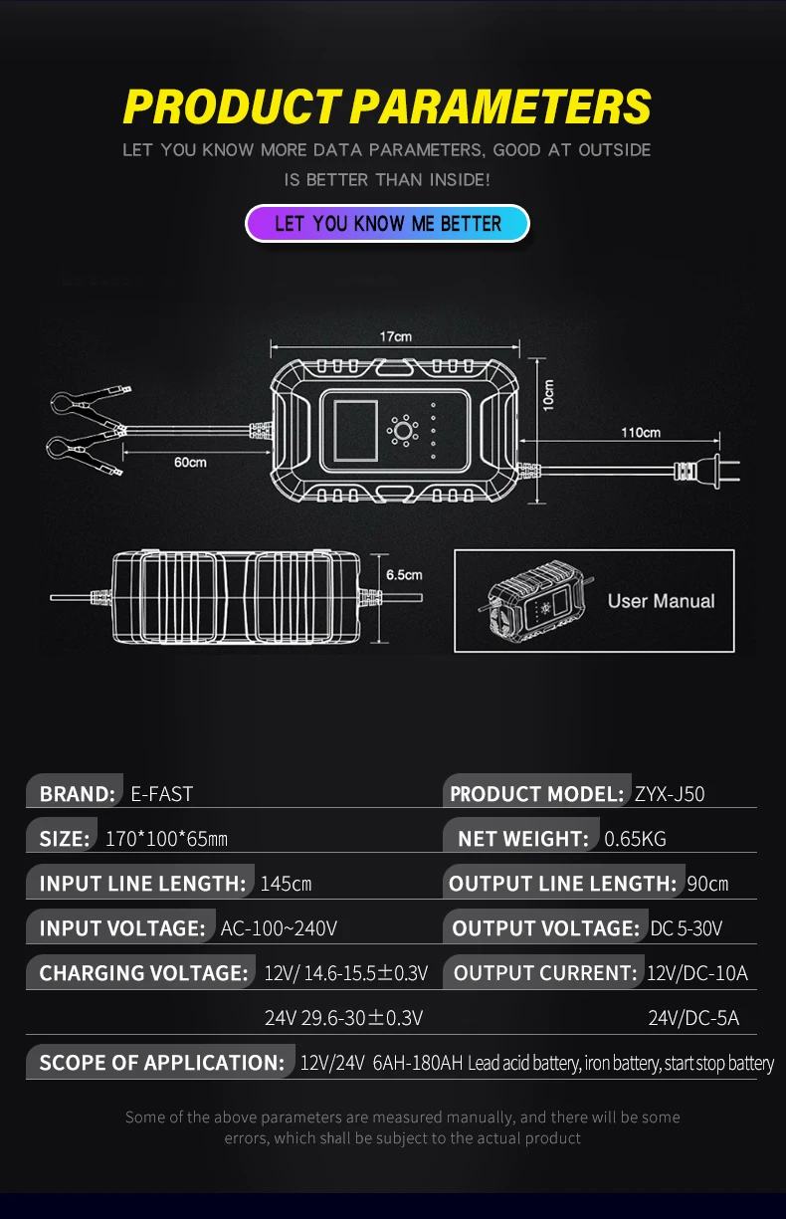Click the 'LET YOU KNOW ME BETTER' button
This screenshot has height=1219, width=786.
[x=387, y=223]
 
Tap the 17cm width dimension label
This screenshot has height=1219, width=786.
[x=395, y=337]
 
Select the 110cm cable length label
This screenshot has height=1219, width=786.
[x=641, y=433]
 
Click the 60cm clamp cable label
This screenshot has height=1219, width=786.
[x=190, y=462]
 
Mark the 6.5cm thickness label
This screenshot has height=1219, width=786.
[x=404, y=575]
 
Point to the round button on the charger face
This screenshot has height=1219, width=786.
[x=404, y=432]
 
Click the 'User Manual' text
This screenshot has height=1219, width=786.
[x=661, y=601]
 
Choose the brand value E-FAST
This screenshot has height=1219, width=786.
[x=162, y=794]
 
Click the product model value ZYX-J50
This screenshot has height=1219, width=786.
[x=670, y=794]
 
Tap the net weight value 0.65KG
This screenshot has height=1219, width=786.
[x=636, y=839]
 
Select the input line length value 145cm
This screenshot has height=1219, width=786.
[x=286, y=884]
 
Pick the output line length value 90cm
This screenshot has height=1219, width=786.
[x=707, y=884]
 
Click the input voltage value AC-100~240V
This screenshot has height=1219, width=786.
[x=279, y=928]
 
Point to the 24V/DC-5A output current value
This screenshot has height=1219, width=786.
[x=693, y=1018]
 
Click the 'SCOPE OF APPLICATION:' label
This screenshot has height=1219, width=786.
[x=161, y=1063]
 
